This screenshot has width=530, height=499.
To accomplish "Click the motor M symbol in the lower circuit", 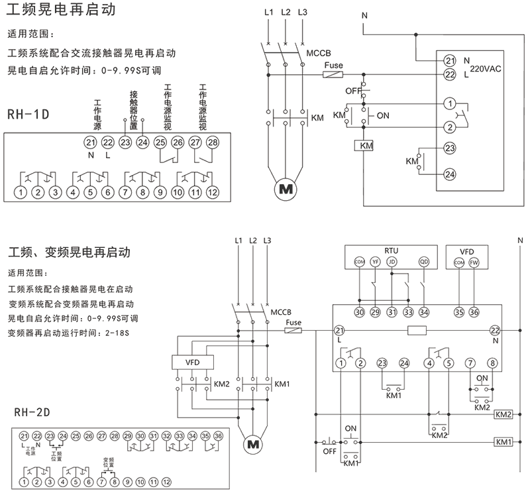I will point(252,445).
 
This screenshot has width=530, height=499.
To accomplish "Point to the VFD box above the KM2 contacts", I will point(191,362).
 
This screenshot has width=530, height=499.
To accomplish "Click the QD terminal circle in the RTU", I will point(424,262).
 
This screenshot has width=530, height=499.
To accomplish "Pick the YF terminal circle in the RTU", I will point(376,262).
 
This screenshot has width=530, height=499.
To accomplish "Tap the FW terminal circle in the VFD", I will point(474,262).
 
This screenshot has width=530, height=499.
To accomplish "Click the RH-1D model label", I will point(28,113).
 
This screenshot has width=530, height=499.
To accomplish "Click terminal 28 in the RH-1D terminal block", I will point(212,142).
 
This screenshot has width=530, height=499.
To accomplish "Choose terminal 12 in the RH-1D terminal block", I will point(212,192).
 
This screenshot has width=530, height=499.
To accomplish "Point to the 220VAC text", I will point(488,68).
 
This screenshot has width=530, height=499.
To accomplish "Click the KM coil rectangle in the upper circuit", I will point(364,145).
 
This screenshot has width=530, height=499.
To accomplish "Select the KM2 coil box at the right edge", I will point(503,415).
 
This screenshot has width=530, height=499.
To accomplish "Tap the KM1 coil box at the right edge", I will point(503,441).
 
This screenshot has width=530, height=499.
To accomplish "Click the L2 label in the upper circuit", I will point(286,13).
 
